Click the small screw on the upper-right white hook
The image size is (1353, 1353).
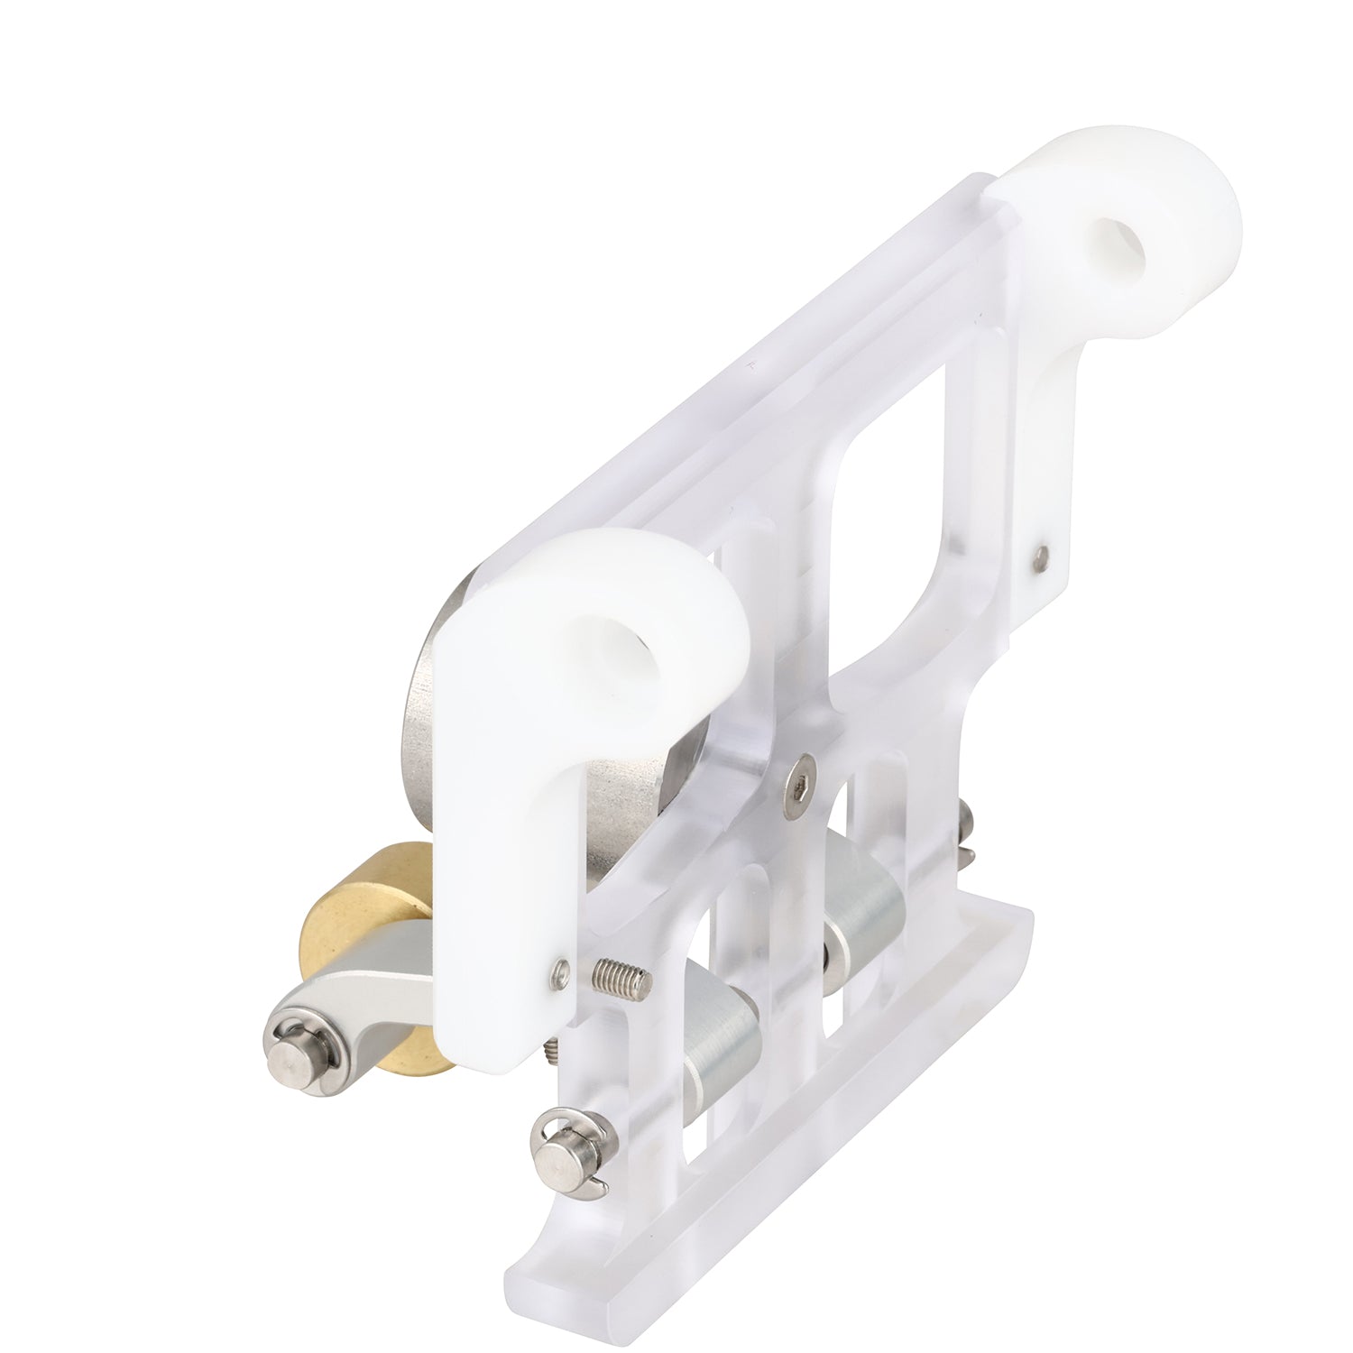coord(1043,556)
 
